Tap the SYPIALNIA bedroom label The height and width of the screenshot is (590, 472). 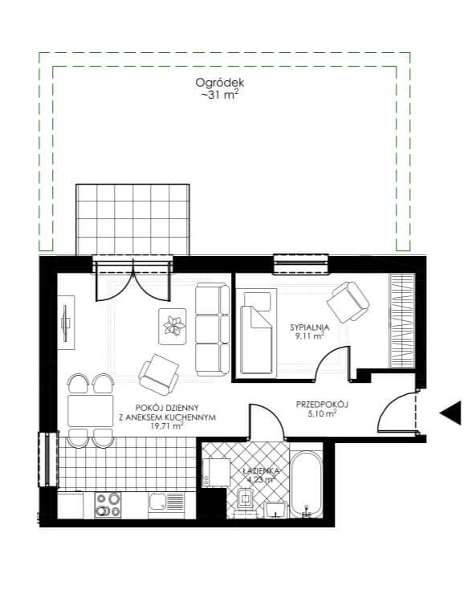point(309,328)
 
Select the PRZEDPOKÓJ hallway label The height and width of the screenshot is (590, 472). point(322,405)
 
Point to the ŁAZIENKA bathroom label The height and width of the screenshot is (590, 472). point(260,470)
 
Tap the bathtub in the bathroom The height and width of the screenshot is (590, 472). point(307,485)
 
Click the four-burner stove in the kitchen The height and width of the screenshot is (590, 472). point(108,505)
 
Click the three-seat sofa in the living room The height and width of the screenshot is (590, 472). point(213,330)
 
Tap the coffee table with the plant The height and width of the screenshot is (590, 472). point(173,326)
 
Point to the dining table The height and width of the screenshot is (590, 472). point(91,410)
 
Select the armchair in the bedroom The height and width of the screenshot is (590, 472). point(348,302)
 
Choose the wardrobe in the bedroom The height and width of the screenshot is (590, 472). point(401,320)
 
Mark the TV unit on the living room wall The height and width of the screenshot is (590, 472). point(67,323)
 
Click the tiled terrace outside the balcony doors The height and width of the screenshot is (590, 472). point(132,219)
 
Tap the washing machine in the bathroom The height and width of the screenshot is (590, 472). point(216,472)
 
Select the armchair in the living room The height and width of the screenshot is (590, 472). point(158,374)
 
